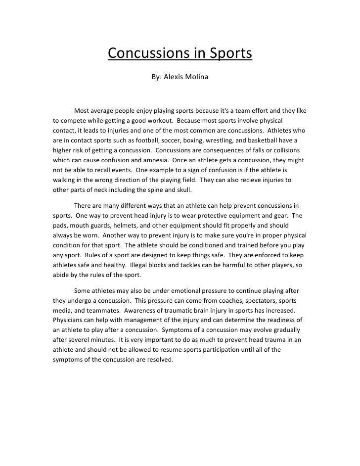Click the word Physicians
pyautogui.click(x=69, y=321)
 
